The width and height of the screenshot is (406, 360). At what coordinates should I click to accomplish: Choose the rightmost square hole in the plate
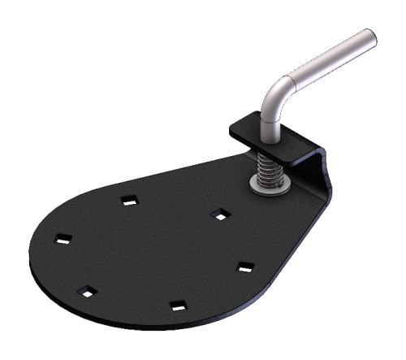(245, 267)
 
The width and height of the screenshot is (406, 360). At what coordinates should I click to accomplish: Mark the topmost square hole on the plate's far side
(128, 200)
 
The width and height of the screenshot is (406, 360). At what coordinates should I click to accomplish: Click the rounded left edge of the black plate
(31, 244)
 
